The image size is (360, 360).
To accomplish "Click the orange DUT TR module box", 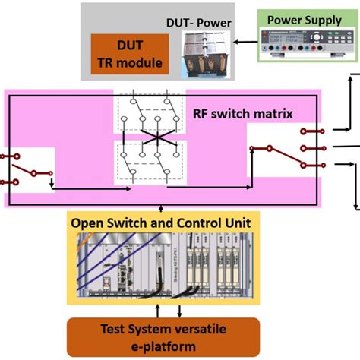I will click(x=129, y=53).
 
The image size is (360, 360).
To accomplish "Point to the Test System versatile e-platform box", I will click(x=163, y=337).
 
